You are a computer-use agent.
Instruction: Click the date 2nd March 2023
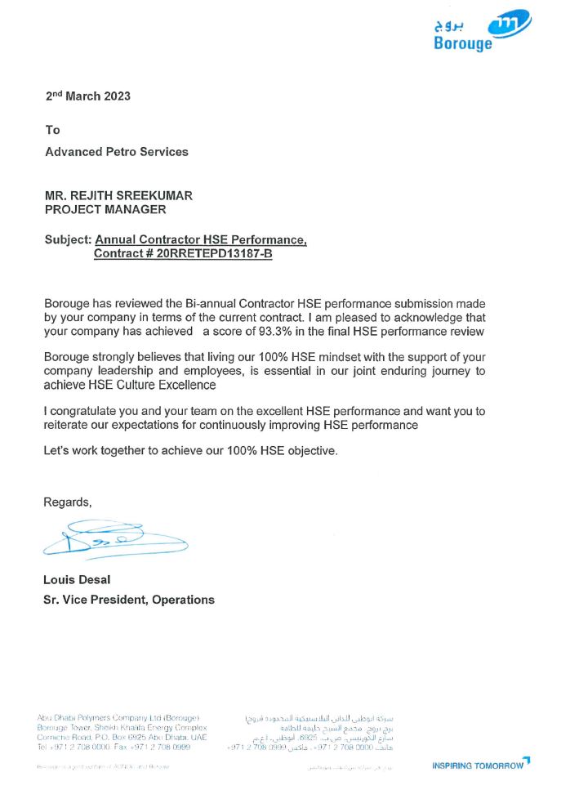[87, 96]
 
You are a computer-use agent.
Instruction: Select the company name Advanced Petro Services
[116, 151]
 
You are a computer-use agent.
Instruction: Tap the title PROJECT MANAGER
[105, 209]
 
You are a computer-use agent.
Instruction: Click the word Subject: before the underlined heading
[68, 240]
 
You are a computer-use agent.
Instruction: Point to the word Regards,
[68, 502]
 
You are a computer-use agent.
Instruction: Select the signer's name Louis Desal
[77, 580]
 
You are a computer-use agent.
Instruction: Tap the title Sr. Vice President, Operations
[129, 600]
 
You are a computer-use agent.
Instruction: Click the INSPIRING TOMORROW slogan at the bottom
[479, 765]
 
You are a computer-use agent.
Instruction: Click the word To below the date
[52, 130]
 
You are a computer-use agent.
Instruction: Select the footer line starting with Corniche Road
[122, 737]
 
